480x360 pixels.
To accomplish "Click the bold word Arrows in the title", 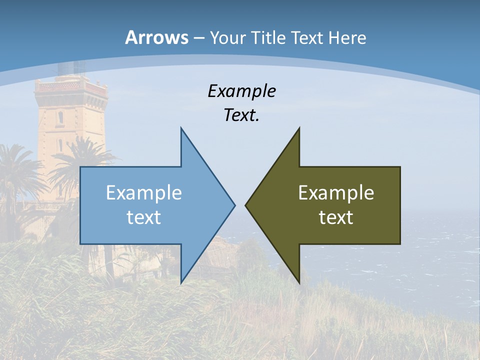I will click(156, 37).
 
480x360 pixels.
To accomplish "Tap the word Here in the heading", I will click(347, 38).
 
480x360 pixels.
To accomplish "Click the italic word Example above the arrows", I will click(241, 91).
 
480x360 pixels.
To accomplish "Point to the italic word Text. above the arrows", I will click(241, 115).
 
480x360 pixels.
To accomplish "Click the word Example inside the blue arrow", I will click(144, 193).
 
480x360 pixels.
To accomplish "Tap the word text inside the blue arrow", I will click(144, 217).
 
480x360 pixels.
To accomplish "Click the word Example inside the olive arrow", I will click(336, 193).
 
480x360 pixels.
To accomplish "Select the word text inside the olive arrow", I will click(336, 217).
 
